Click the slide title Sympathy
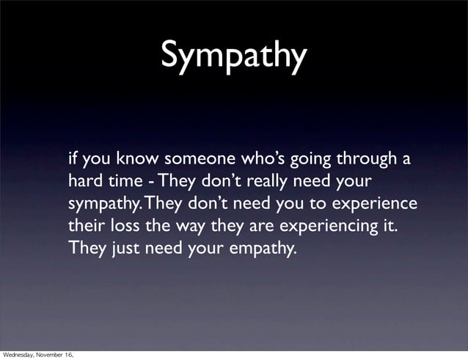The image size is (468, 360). coord(233,55)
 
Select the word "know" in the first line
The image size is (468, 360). coord(137,158)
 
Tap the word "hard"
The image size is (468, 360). coord(84,180)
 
